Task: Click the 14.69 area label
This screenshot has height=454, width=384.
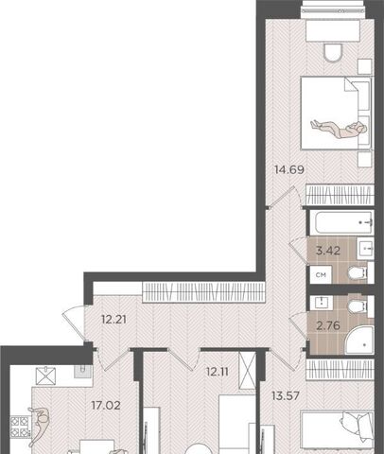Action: (x=289, y=170)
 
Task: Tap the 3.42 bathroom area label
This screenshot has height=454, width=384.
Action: (x=328, y=251)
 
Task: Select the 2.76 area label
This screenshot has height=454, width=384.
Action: (x=328, y=325)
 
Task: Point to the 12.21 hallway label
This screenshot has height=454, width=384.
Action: (x=113, y=320)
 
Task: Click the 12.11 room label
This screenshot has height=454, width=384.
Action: (x=217, y=373)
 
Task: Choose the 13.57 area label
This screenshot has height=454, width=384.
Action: (x=286, y=395)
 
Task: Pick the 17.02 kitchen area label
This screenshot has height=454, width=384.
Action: (x=106, y=406)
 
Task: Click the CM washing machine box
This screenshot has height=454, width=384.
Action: (x=321, y=275)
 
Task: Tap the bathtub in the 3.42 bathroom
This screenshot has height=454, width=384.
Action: (x=341, y=223)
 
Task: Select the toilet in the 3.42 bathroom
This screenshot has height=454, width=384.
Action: (x=358, y=273)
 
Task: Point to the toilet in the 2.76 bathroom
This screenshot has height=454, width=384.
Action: (x=358, y=306)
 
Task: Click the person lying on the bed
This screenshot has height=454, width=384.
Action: (x=340, y=130)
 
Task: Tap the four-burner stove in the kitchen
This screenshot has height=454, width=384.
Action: (x=20, y=427)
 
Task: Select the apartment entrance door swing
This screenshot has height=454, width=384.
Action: (x=74, y=323)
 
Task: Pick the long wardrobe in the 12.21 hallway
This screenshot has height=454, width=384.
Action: (x=203, y=292)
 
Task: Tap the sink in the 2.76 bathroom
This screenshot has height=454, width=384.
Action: (x=322, y=303)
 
